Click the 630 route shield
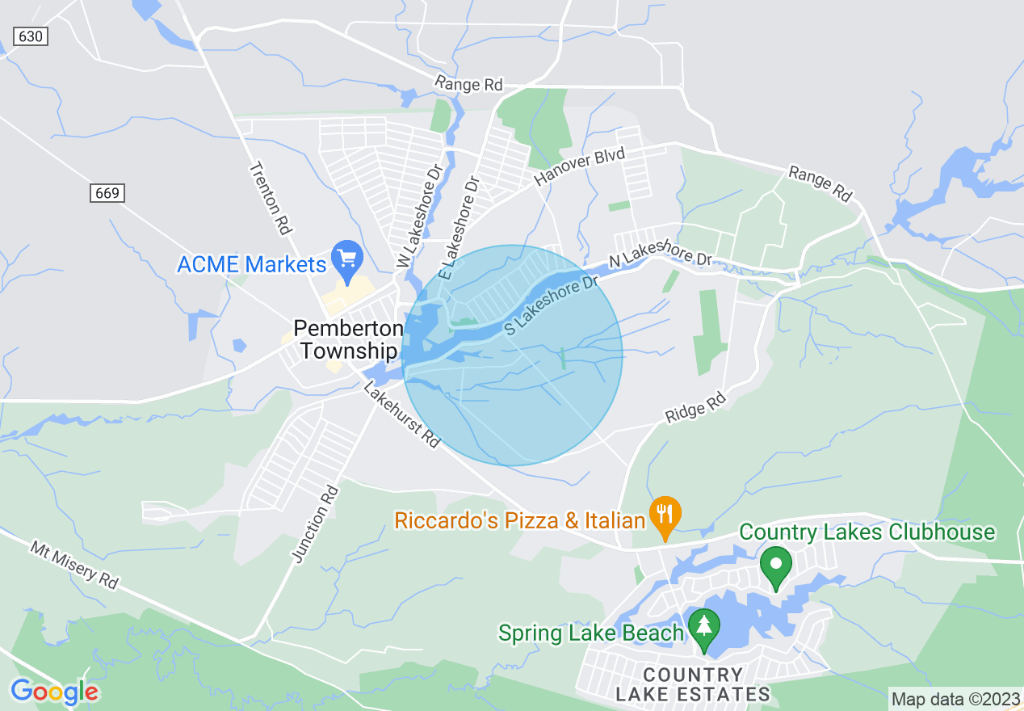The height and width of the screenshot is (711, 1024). (x=31, y=36)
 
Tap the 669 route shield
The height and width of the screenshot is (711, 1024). (x=107, y=192)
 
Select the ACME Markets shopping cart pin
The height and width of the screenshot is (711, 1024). (x=348, y=259)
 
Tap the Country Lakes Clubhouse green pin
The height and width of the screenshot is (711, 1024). (x=777, y=566)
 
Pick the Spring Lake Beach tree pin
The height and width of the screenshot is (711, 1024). (x=704, y=629)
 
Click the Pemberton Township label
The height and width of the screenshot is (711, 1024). (x=348, y=339)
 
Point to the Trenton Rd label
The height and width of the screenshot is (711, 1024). (x=270, y=198)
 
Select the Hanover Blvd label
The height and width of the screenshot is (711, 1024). (x=580, y=166)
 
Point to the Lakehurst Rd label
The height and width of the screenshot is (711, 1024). (x=402, y=415)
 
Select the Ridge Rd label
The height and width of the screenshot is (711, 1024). (x=696, y=408)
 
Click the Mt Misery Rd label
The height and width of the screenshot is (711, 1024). (x=74, y=564)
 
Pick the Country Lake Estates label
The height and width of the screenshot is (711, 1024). (x=693, y=684)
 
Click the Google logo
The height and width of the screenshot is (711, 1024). (x=54, y=692)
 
